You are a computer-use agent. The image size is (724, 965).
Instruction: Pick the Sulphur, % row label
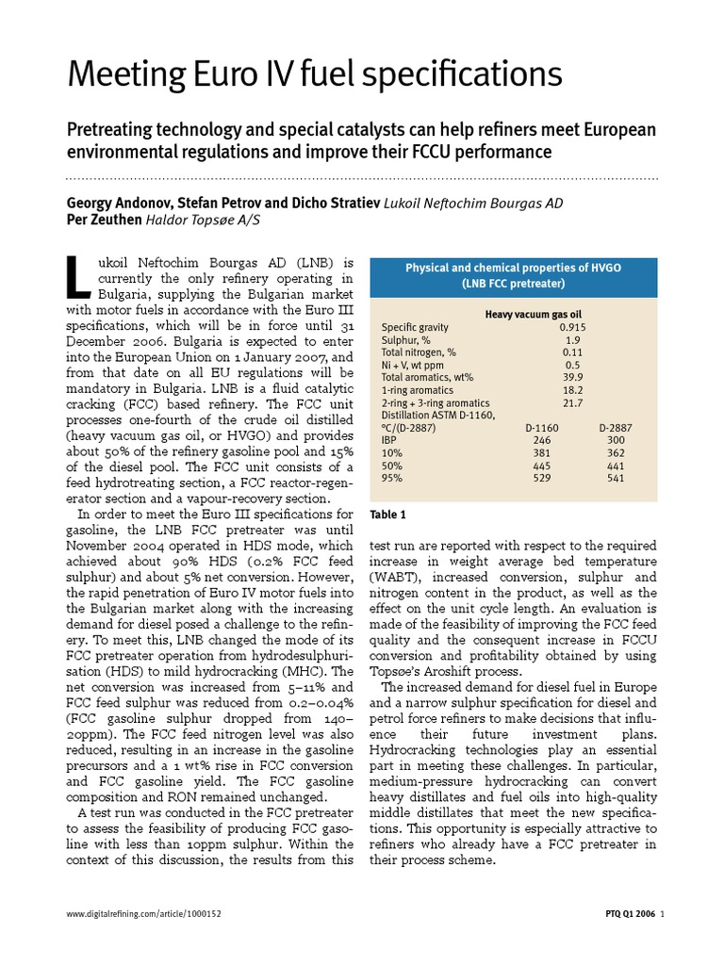coord(407,339)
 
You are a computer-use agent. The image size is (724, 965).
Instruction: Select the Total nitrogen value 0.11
coord(571,352)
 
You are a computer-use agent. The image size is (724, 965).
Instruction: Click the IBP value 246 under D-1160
coord(541,439)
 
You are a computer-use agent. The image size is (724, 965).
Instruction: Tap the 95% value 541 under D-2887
coord(617,478)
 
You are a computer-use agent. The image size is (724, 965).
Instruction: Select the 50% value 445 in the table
coord(541,465)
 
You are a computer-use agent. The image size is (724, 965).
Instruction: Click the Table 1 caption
coord(388,515)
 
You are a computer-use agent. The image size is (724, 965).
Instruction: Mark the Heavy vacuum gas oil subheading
coord(533,314)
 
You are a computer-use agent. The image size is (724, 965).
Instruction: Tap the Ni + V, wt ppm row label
coord(415,364)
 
